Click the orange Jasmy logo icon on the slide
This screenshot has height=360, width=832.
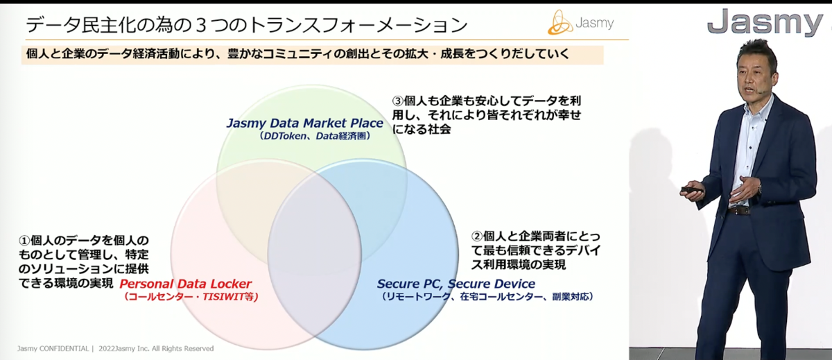pos(560,22)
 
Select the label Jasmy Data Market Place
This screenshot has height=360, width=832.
pos(304,123)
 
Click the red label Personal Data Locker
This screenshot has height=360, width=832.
pos(185,284)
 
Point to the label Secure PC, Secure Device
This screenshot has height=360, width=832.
pos(456,284)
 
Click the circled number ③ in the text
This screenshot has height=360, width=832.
pos(398,101)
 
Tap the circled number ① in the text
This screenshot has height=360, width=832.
pos(24,241)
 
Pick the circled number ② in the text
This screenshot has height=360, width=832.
pos(477,237)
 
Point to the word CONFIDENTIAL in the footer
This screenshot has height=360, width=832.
pos(64,348)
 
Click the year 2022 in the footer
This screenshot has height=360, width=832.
pos(107,348)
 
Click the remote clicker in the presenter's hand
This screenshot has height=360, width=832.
pos(692,190)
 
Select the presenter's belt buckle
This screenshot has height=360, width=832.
pos(739,211)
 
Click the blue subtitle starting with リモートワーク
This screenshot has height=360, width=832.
pos(487,296)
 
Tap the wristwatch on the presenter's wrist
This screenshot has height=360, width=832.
pos(759,189)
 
